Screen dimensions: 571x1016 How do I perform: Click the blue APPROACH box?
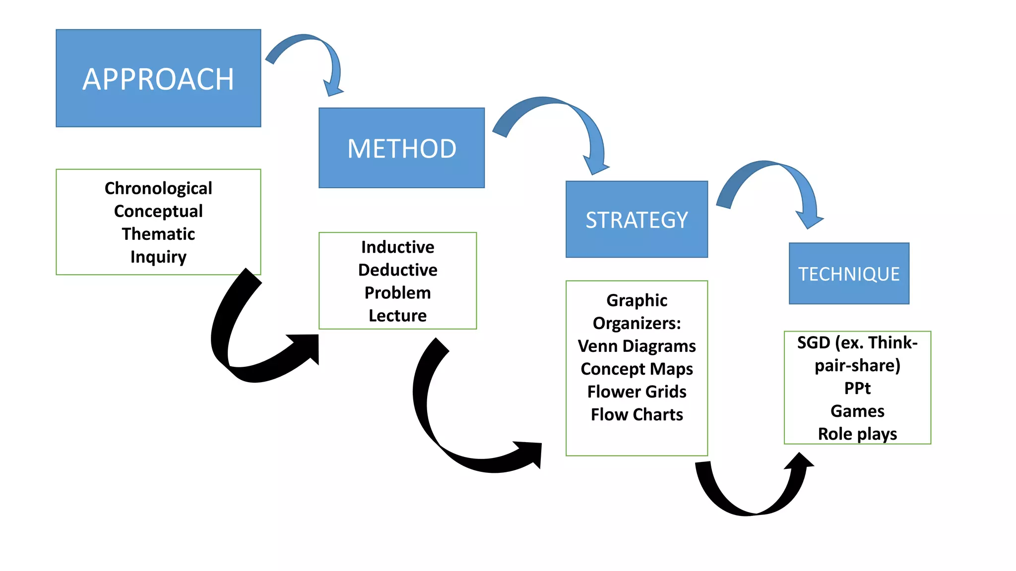(x=158, y=78)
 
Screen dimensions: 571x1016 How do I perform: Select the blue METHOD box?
(x=401, y=148)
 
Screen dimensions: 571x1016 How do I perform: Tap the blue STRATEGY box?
(x=636, y=220)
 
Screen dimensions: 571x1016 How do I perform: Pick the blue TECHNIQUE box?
(x=849, y=274)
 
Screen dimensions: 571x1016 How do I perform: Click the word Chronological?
(x=158, y=188)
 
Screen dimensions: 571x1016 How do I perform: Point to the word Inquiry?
(x=158, y=257)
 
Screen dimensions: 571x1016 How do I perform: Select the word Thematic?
(x=158, y=234)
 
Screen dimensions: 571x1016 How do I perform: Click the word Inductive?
(x=397, y=247)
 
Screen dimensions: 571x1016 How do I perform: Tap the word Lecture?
(x=397, y=316)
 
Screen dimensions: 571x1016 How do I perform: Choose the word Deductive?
(x=397, y=270)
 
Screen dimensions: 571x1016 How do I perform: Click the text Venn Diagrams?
(x=636, y=346)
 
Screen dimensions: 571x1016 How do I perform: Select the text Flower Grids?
(x=636, y=392)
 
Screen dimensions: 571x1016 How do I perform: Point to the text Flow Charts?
(x=636, y=414)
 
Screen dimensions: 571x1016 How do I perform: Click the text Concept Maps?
(x=636, y=369)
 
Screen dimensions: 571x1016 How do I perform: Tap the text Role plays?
(x=857, y=434)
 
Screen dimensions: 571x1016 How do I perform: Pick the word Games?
(x=857, y=411)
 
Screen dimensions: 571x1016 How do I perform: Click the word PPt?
(x=857, y=388)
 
